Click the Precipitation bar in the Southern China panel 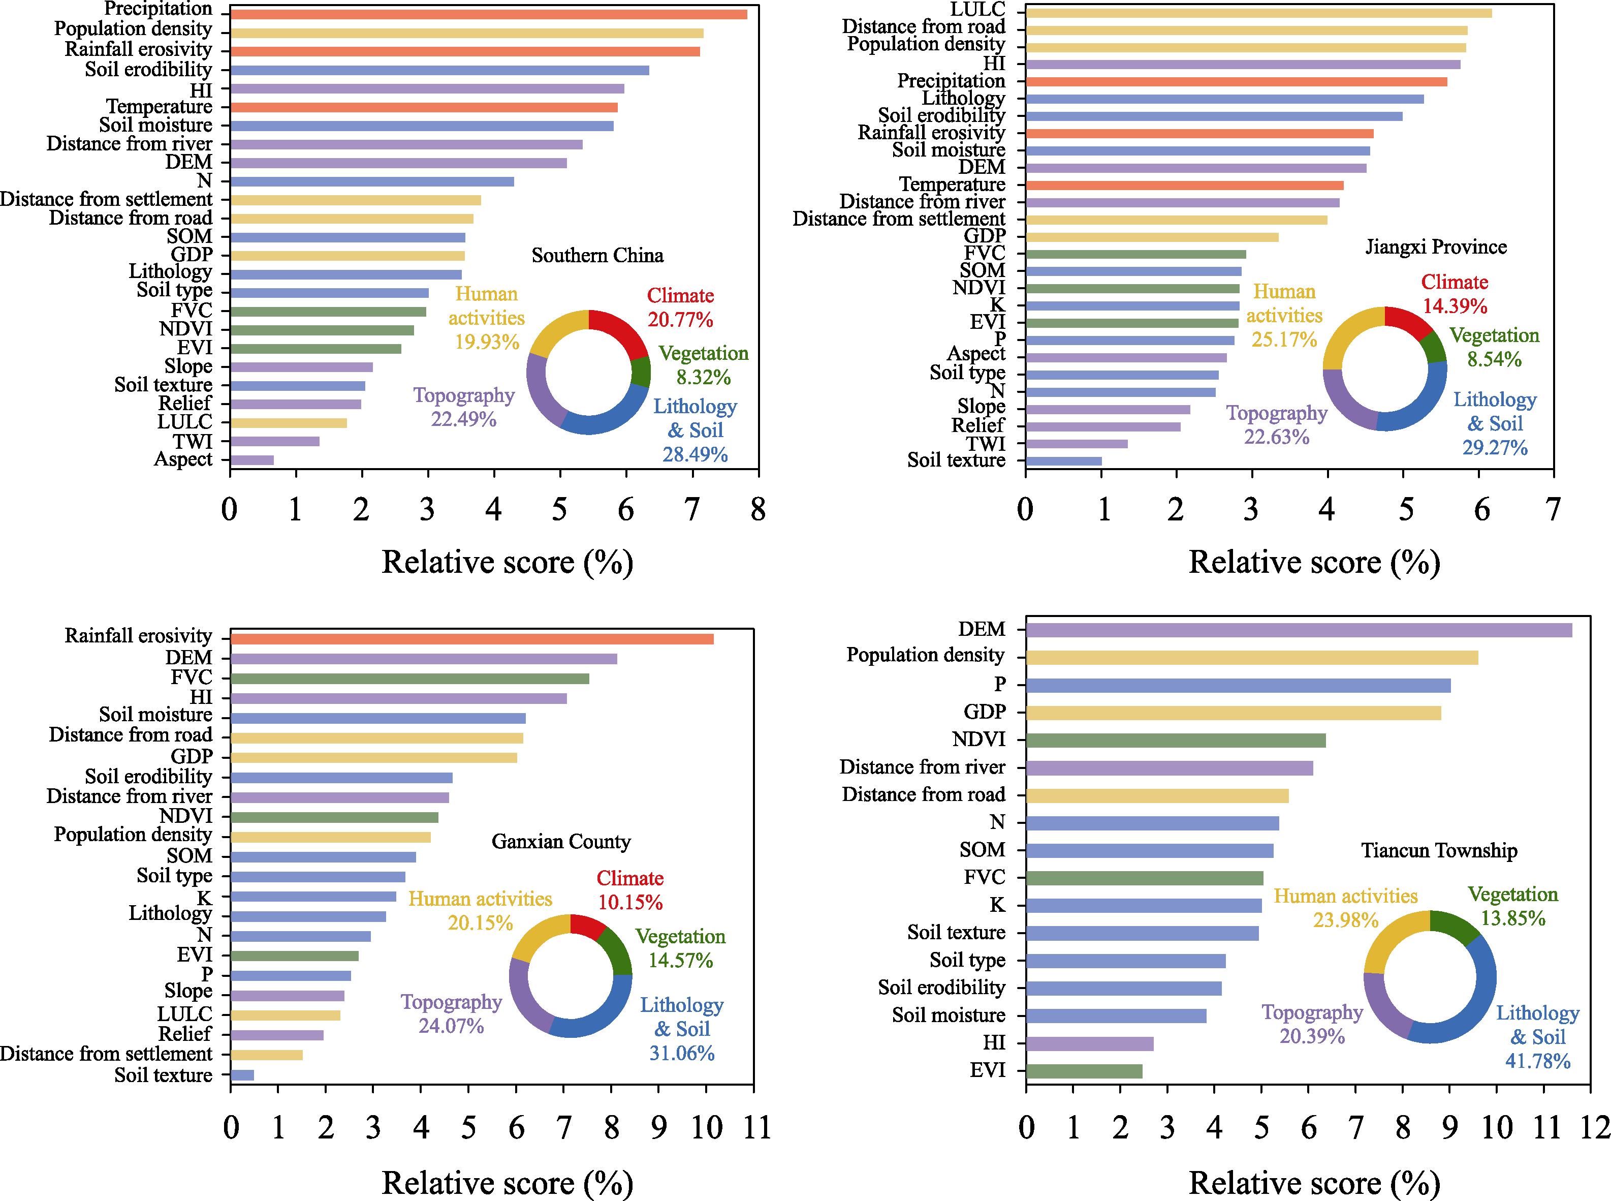pyautogui.click(x=488, y=14)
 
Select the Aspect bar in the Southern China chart pyautogui.click(x=252, y=459)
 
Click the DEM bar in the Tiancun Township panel pyautogui.click(x=1299, y=630)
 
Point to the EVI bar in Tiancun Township pyautogui.click(x=1084, y=1071)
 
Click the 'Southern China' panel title pyautogui.click(x=597, y=255)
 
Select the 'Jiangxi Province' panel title pyautogui.click(x=1436, y=247)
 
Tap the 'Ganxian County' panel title pyautogui.click(x=561, y=841)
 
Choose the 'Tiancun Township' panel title pyautogui.click(x=1439, y=850)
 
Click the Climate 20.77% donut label pyautogui.click(x=680, y=307)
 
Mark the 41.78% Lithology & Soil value pyautogui.click(x=1538, y=1061)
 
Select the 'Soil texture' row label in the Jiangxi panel pyautogui.click(x=956, y=460)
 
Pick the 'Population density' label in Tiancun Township pyautogui.click(x=925, y=655)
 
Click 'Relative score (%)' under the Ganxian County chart pyautogui.click(x=507, y=1182)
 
